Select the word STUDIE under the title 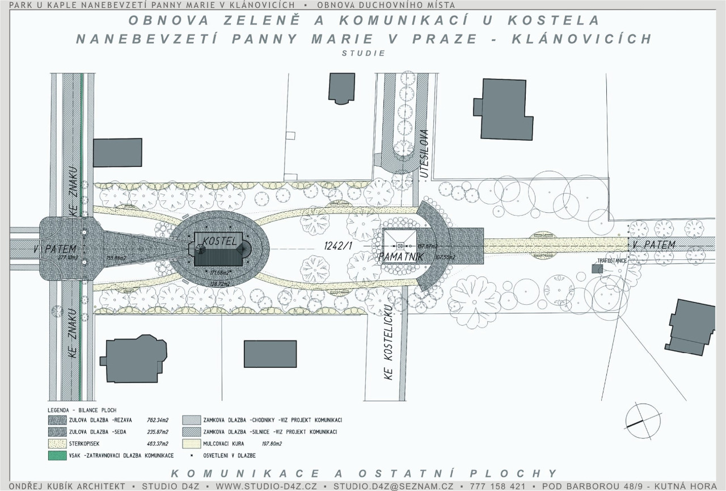coord(364,53)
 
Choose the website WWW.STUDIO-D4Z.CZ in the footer coord(266,486)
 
